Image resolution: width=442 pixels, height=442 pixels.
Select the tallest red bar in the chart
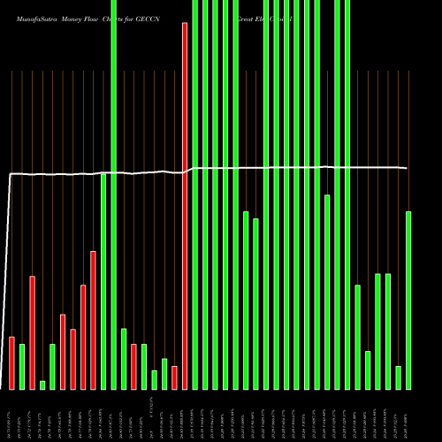185,203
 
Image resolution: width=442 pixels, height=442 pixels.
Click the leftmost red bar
11,362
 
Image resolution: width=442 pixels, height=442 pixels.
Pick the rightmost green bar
408,301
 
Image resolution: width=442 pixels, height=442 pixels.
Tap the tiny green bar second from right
399,377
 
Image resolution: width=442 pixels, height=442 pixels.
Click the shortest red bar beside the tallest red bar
174,377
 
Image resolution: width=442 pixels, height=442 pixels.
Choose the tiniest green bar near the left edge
42,385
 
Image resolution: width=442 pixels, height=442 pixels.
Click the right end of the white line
408,168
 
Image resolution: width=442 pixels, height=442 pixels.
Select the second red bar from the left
32,331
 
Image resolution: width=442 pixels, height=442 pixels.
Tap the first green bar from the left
22,366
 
